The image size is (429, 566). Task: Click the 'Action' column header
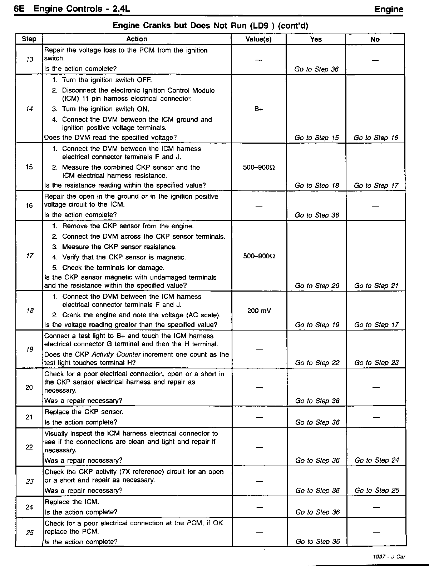point(137,39)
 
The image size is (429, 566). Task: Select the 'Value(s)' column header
point(258,39)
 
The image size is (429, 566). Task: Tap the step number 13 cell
point(29,59)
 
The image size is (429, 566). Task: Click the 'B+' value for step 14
point(258,109)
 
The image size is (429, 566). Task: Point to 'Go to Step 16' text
point(376,138)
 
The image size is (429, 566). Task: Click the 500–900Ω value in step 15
point(258,168)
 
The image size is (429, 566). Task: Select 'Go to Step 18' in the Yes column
point(316,185)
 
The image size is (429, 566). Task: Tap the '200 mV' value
point(259,311)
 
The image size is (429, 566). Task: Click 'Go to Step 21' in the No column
point(376,286)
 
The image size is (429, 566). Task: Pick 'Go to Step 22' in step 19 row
point(317,363)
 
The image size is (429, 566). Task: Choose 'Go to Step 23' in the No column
point(376,363)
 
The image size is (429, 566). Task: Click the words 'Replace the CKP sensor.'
point(84,412)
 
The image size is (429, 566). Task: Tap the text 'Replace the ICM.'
point(71,502)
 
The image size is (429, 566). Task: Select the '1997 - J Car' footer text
point(389,556)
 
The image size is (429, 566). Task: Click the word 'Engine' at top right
point(389,10)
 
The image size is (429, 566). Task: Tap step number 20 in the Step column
point(29,387)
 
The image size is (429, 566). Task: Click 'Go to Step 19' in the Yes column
point(317,325)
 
